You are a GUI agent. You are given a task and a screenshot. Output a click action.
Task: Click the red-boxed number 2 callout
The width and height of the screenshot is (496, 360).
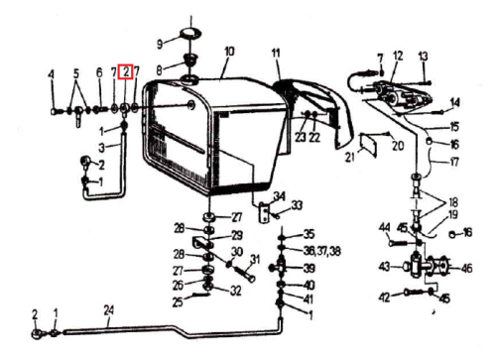[x=126, y=71]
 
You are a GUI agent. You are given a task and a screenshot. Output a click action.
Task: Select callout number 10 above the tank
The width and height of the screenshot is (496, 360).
[x=229, y=52]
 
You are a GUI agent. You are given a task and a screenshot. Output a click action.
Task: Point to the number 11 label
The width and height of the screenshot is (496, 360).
[x=276, y=53]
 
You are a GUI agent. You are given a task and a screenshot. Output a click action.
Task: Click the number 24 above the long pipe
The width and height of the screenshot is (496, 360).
[x=109, y=310]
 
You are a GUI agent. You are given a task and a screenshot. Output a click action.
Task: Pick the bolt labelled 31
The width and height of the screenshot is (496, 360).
[x=245, y=273]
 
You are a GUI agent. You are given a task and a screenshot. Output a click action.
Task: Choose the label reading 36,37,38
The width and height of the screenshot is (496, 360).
[x=322, y=251]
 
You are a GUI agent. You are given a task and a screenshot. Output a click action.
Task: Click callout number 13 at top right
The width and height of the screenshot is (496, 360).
[x=423, y=56]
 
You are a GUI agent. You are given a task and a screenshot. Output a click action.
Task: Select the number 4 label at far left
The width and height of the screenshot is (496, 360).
[x=51, y=74]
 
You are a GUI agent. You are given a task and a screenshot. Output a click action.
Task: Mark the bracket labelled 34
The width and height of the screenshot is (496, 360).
[x=264, y=213]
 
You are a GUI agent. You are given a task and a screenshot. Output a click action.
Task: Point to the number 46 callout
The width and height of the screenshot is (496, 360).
[x=466, y=268]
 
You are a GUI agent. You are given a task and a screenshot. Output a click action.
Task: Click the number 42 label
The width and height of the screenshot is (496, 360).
[x=384, y=298]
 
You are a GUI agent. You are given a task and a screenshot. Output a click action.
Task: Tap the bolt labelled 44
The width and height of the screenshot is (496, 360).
[x=399, y=243]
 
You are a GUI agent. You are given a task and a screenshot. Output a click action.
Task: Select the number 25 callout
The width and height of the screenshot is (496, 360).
[x=178, y=301]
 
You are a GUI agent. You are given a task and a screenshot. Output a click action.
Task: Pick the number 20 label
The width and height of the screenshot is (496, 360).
[x=398, y=145]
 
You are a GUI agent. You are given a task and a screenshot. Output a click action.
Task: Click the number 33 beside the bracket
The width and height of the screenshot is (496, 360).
[x=297, y=205]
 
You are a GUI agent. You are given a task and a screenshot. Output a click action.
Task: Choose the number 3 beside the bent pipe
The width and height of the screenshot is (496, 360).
[x=102, y=148]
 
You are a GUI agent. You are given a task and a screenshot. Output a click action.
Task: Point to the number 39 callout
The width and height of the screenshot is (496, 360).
[x=310, y=268]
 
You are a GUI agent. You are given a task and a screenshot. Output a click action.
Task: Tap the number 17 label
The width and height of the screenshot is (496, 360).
[x=454, y=162]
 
